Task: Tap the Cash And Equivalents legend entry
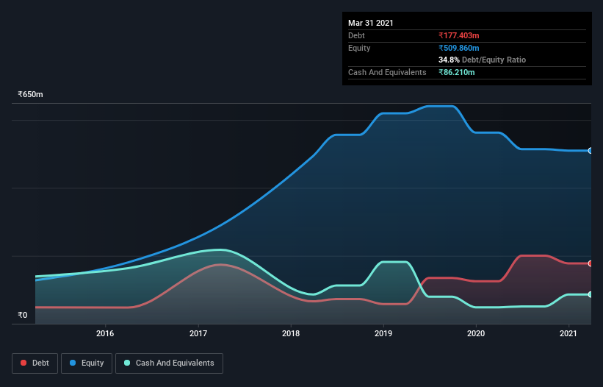(x=169, y=363)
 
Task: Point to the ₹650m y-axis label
(x=31, y=95)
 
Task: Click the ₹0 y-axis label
(x=22, y=316)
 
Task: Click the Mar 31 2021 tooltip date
(x=371, y=23)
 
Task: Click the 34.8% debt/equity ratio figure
(x=449, y=60)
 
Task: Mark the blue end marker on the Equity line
(x=591, y=151)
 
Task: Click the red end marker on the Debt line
(x=591, y=263)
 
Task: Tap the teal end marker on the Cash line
(x=591, y=294)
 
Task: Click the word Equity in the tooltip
(x=359, y=48)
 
